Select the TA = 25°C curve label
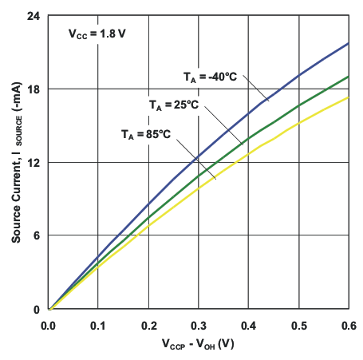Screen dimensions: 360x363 [173, 105]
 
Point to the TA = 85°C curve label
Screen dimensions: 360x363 [146, 133]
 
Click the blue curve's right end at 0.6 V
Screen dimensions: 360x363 [348, 43]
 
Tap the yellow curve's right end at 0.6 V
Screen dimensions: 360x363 [348, 97]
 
